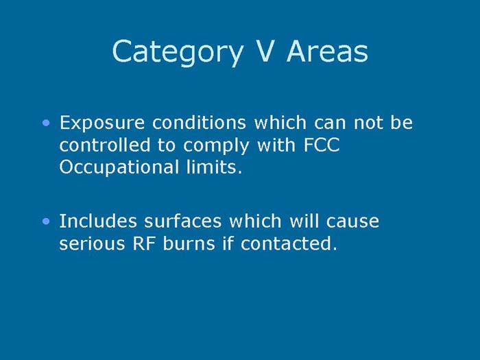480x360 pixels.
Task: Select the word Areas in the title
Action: [x=328, y=51]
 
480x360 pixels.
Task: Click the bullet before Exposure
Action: [x=46, y=123]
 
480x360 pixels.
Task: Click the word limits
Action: [x=217, y=167]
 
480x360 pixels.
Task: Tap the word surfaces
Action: [x=176, y=221]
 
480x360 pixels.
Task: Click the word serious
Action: [x=88, y=244]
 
